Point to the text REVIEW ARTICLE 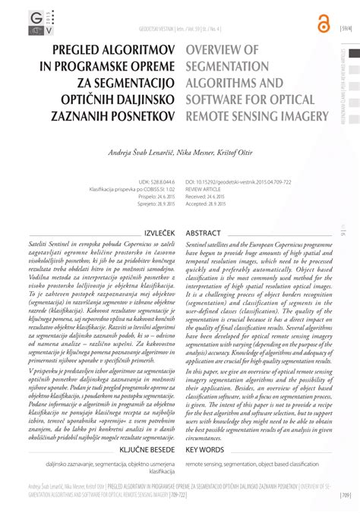click(x=207, y=190)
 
